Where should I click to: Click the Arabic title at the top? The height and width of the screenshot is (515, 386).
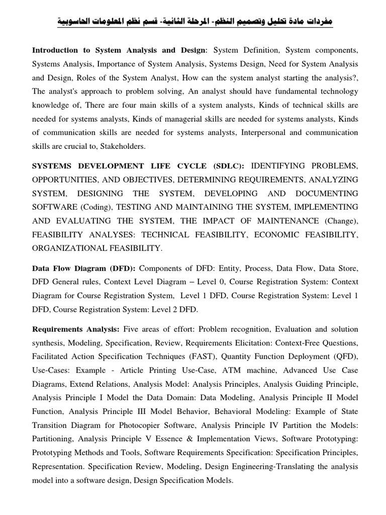click(x=193, y=22)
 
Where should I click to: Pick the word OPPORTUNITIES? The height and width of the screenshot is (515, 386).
click(x=64, y=180)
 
